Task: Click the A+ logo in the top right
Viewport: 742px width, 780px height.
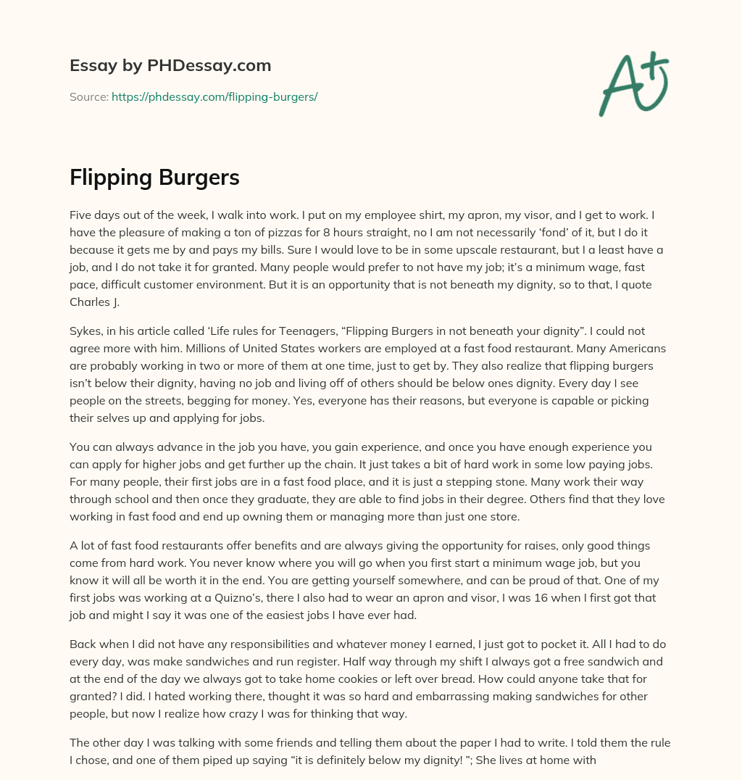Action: click(633, 83)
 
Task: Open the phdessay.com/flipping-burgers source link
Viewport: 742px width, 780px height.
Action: click(214, 96)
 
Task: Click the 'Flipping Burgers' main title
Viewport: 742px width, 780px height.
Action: click(154, 177)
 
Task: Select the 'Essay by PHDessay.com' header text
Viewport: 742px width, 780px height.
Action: click(170, 66)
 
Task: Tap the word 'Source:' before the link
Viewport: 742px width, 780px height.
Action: click(88, 96)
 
